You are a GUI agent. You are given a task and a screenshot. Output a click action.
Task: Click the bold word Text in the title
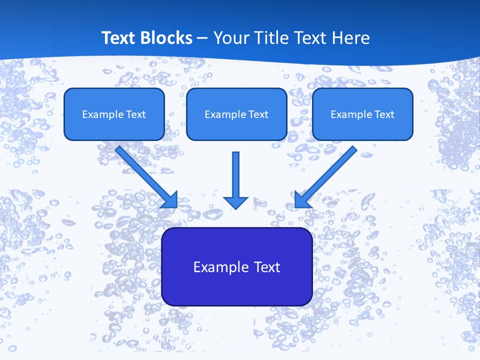[x=118, y=38]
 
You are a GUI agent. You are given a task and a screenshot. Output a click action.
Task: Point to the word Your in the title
[x=229, y=38]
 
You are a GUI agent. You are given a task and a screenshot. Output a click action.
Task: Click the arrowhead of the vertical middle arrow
[x=235, y=202]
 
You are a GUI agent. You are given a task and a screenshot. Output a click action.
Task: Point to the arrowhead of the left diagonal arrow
[x=170, y=199]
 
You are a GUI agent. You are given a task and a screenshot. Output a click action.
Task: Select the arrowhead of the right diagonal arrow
[x=302, y=199]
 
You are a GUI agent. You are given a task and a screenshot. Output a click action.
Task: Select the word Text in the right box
[x=384, y=114]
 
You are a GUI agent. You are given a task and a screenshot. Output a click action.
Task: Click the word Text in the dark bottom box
[x=268, y=267]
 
